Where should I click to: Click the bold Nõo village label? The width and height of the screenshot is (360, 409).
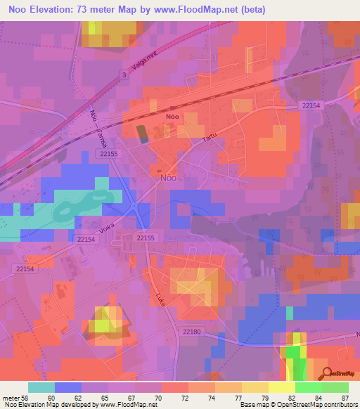click(171, 117)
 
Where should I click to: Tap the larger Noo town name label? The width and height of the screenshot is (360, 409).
click(169, 178)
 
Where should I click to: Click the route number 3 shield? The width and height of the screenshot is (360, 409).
click(124, 74)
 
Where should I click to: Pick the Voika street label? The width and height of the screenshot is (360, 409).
click(106, 229)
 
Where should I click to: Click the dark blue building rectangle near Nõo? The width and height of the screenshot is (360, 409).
click(142, 134)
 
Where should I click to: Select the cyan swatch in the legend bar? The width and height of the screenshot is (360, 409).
click(41, 387)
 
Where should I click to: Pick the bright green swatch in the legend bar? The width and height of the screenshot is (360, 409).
click(309, 387)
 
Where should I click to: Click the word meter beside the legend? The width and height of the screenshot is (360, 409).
click(12, 397)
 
